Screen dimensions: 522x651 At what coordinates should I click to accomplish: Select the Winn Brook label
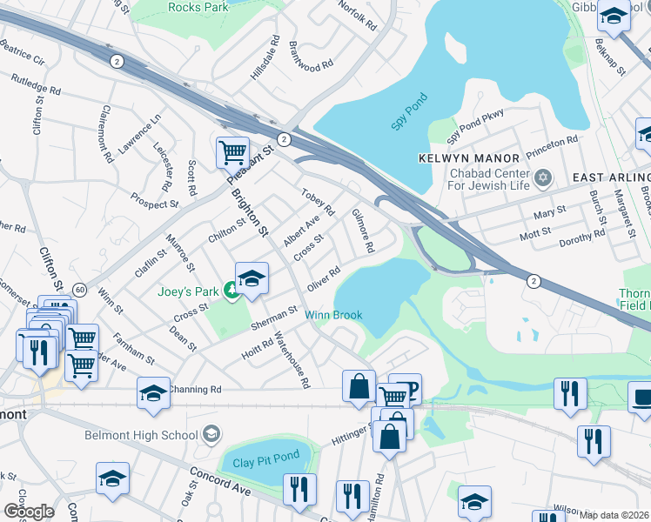[x=332, y=315]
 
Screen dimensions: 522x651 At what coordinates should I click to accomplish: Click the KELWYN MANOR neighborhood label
[x=468, y=158]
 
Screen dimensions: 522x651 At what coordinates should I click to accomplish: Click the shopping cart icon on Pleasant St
[x=233, y=153]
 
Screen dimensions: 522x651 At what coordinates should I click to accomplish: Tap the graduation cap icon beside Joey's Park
[x=252, y=278]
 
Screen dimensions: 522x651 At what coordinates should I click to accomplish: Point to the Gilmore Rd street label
[x=363, y=231]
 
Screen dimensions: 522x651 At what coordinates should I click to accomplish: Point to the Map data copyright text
[x=614, y=515]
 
